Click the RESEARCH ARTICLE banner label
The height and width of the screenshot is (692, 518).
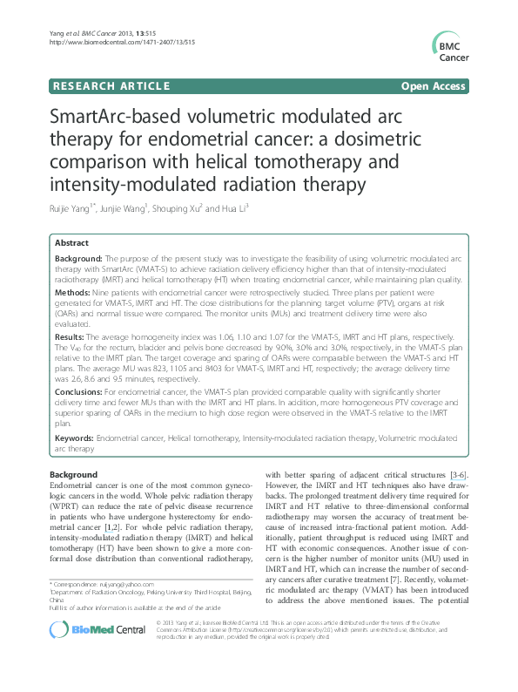(111, 86)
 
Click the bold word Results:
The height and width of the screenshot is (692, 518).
(73, 335)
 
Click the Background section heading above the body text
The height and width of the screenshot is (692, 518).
(74, 473)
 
